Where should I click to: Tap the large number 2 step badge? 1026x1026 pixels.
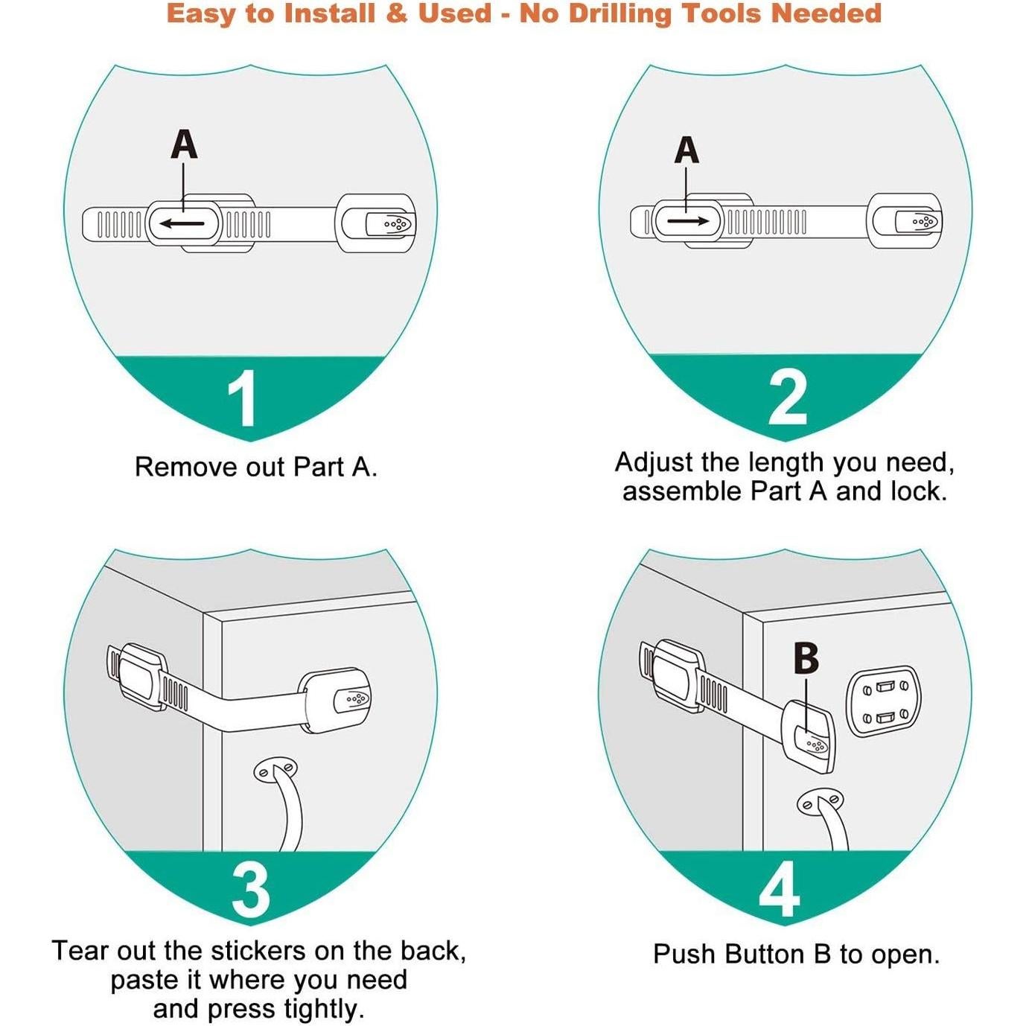[788, 399]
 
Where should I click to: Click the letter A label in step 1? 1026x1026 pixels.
[184, 145]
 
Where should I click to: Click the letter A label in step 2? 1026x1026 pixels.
[686, 150]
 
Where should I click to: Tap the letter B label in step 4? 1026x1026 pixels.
[806, 659]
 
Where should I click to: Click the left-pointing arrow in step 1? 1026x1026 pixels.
[182, 223]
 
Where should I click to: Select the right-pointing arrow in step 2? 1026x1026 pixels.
[688, 220]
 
